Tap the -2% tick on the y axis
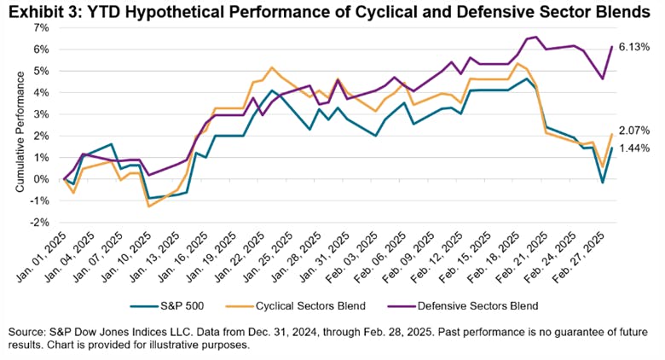(40, 223)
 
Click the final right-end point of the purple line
(612, 47)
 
